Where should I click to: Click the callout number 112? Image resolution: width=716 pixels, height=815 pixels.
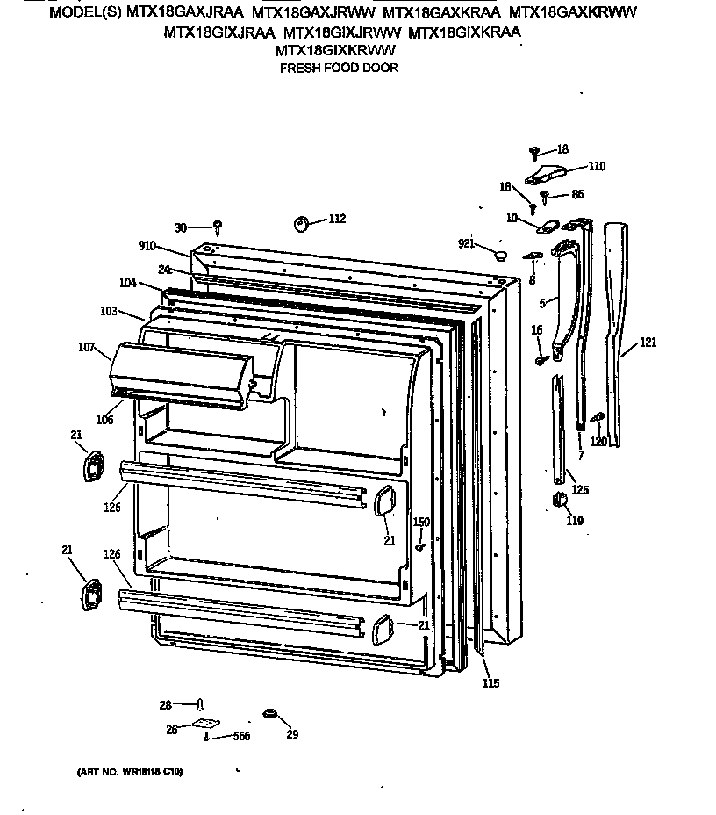(337, 219)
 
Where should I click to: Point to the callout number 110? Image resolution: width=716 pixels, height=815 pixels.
(597, 166)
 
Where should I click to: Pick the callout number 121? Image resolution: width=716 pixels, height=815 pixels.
(647, 343)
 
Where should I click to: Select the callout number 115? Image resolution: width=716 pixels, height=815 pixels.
(490, 683)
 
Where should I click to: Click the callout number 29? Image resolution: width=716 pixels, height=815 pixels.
(292, 735)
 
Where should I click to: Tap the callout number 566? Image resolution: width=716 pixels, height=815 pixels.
(240, 736)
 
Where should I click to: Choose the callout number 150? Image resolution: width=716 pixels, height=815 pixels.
(421, 523)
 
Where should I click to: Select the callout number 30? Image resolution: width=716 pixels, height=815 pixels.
(181, 227)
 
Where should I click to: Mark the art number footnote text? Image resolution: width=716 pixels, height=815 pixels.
(124, 772)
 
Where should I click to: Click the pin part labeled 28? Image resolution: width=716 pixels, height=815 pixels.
(201, 703)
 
